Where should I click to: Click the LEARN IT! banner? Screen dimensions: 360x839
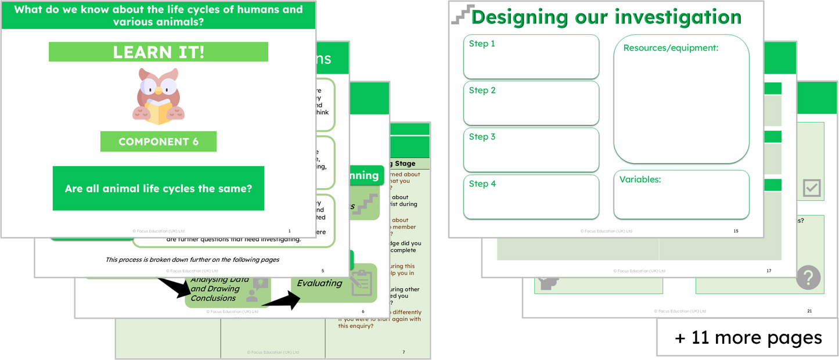point(158,52)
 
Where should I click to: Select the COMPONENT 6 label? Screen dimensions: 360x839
point(158,142)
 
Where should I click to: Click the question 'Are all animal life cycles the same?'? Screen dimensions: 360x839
point(158,189)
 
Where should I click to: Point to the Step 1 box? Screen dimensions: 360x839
point(531,56)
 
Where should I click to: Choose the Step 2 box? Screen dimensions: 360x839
point(531,103)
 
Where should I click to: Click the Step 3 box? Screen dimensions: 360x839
point(531,149)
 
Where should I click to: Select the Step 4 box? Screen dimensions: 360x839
point(531,196)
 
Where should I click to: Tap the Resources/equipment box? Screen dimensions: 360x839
point(681,99)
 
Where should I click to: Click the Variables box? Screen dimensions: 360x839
point(681,195)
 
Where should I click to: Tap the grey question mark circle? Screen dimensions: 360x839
point(808,277)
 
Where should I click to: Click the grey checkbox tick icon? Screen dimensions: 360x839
point(812,188)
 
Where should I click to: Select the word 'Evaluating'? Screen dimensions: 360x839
point(319,283)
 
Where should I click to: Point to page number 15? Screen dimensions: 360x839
point(736,231)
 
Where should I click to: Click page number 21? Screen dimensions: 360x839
point(809,311)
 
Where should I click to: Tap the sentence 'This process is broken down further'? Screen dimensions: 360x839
point(192,260)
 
